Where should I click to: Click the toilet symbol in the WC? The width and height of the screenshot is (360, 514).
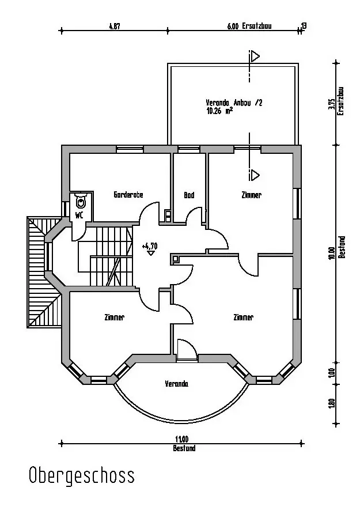pos(81,201)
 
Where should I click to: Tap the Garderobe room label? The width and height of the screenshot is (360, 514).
pos(128,195)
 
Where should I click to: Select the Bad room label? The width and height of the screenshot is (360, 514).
pos(189,195)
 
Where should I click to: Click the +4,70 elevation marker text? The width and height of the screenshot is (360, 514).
pos(150,246)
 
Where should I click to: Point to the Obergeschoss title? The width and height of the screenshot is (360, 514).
pos(82,475)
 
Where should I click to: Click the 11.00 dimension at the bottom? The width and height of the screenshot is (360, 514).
pos(182,439)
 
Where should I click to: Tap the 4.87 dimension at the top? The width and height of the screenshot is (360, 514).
pos(114,27)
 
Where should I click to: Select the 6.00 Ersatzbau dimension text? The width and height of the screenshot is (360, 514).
pos(249,27)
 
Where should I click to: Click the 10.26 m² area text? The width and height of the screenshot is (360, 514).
pos(219,111)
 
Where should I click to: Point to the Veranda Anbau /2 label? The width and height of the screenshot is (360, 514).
pos(234,103)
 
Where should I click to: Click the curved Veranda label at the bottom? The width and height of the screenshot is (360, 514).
pos(177,384)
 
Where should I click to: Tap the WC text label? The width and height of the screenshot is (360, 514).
pos(79,216)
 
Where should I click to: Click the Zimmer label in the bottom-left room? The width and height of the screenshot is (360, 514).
pos(114,318)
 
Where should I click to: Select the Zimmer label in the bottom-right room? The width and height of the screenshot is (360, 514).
pos(244,318)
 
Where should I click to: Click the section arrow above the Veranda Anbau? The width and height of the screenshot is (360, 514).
pos(254,56)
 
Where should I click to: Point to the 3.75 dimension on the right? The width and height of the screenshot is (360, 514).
pos(332,104)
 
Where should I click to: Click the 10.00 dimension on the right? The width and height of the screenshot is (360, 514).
pos(332,253)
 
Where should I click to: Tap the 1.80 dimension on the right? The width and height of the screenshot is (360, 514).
pos(332,403)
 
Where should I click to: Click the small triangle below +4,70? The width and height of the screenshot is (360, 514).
pos(151,253)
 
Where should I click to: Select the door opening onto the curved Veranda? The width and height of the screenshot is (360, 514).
pos(187,350)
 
